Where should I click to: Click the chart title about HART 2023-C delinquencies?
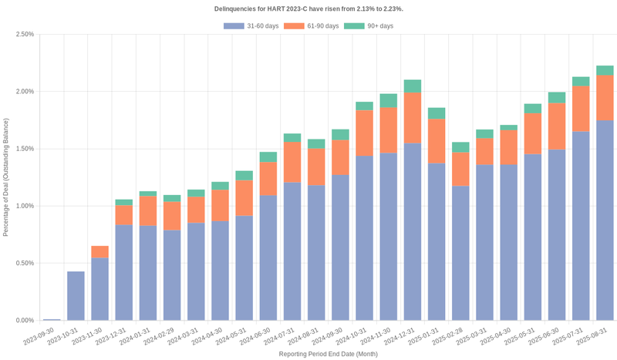[308, 8]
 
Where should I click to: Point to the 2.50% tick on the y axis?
[24, 35]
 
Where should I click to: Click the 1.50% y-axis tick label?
[24, 149]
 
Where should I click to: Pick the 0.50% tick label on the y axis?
[24, 263]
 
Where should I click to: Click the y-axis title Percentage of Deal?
[7, 177]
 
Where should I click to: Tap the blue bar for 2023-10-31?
[76, 295]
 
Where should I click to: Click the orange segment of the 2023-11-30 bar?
[100, 252]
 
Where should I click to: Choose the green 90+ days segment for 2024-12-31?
[413, 86]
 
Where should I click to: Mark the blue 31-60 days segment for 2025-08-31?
[605, 220]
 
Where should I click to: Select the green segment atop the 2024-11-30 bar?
[389, 101]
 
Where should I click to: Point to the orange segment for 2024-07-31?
[292, 162]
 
